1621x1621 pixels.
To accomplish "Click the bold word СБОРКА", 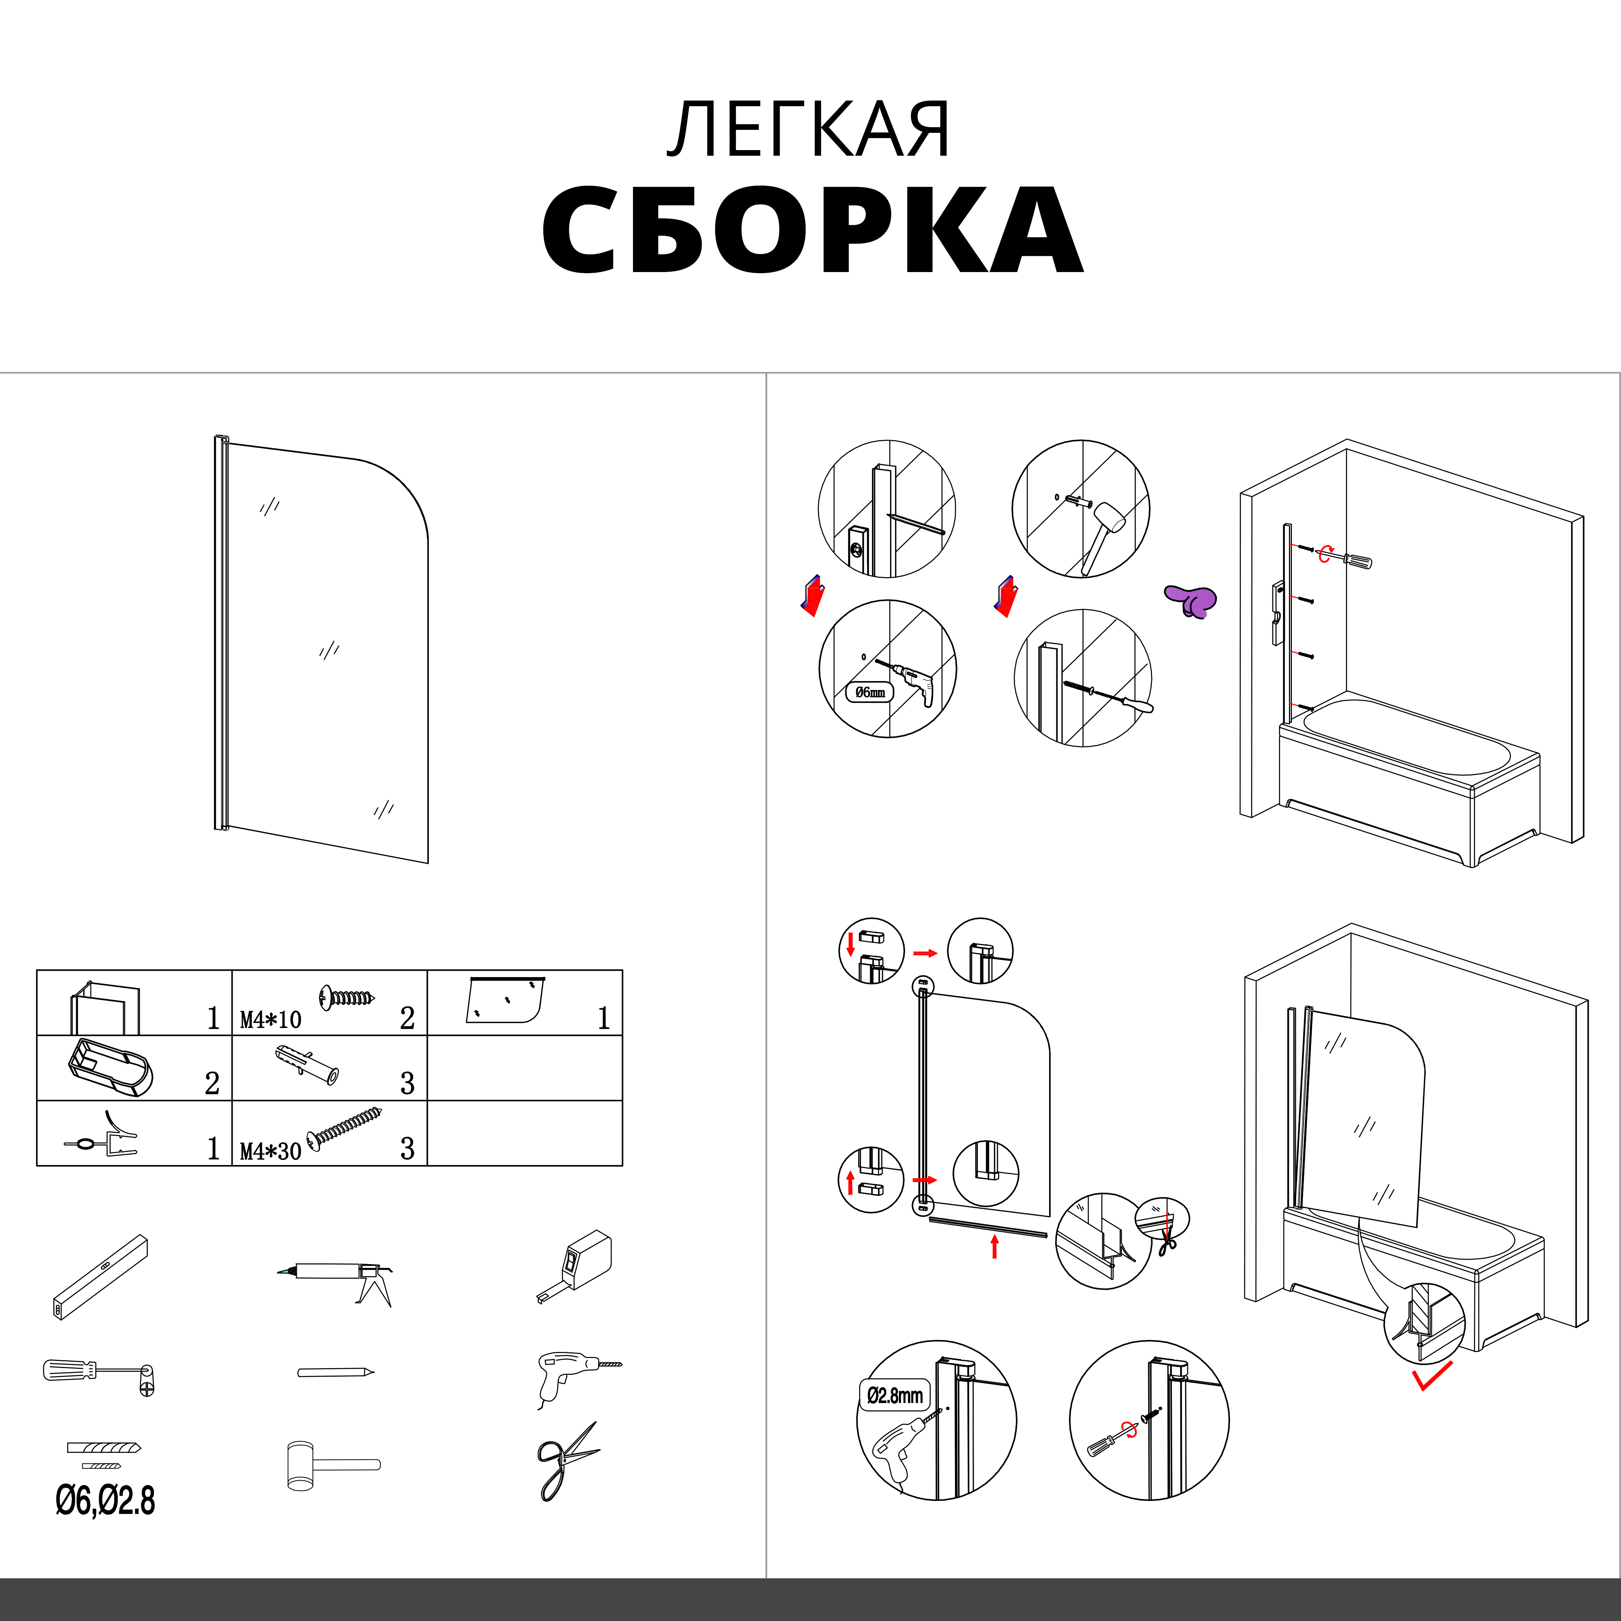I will (x=812, y=230).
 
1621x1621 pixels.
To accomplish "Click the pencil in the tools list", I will (x=335, y=1373).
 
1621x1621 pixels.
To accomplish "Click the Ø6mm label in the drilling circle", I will (x=870, y=692).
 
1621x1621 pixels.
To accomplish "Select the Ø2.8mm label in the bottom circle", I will (x=895, y=1395).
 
